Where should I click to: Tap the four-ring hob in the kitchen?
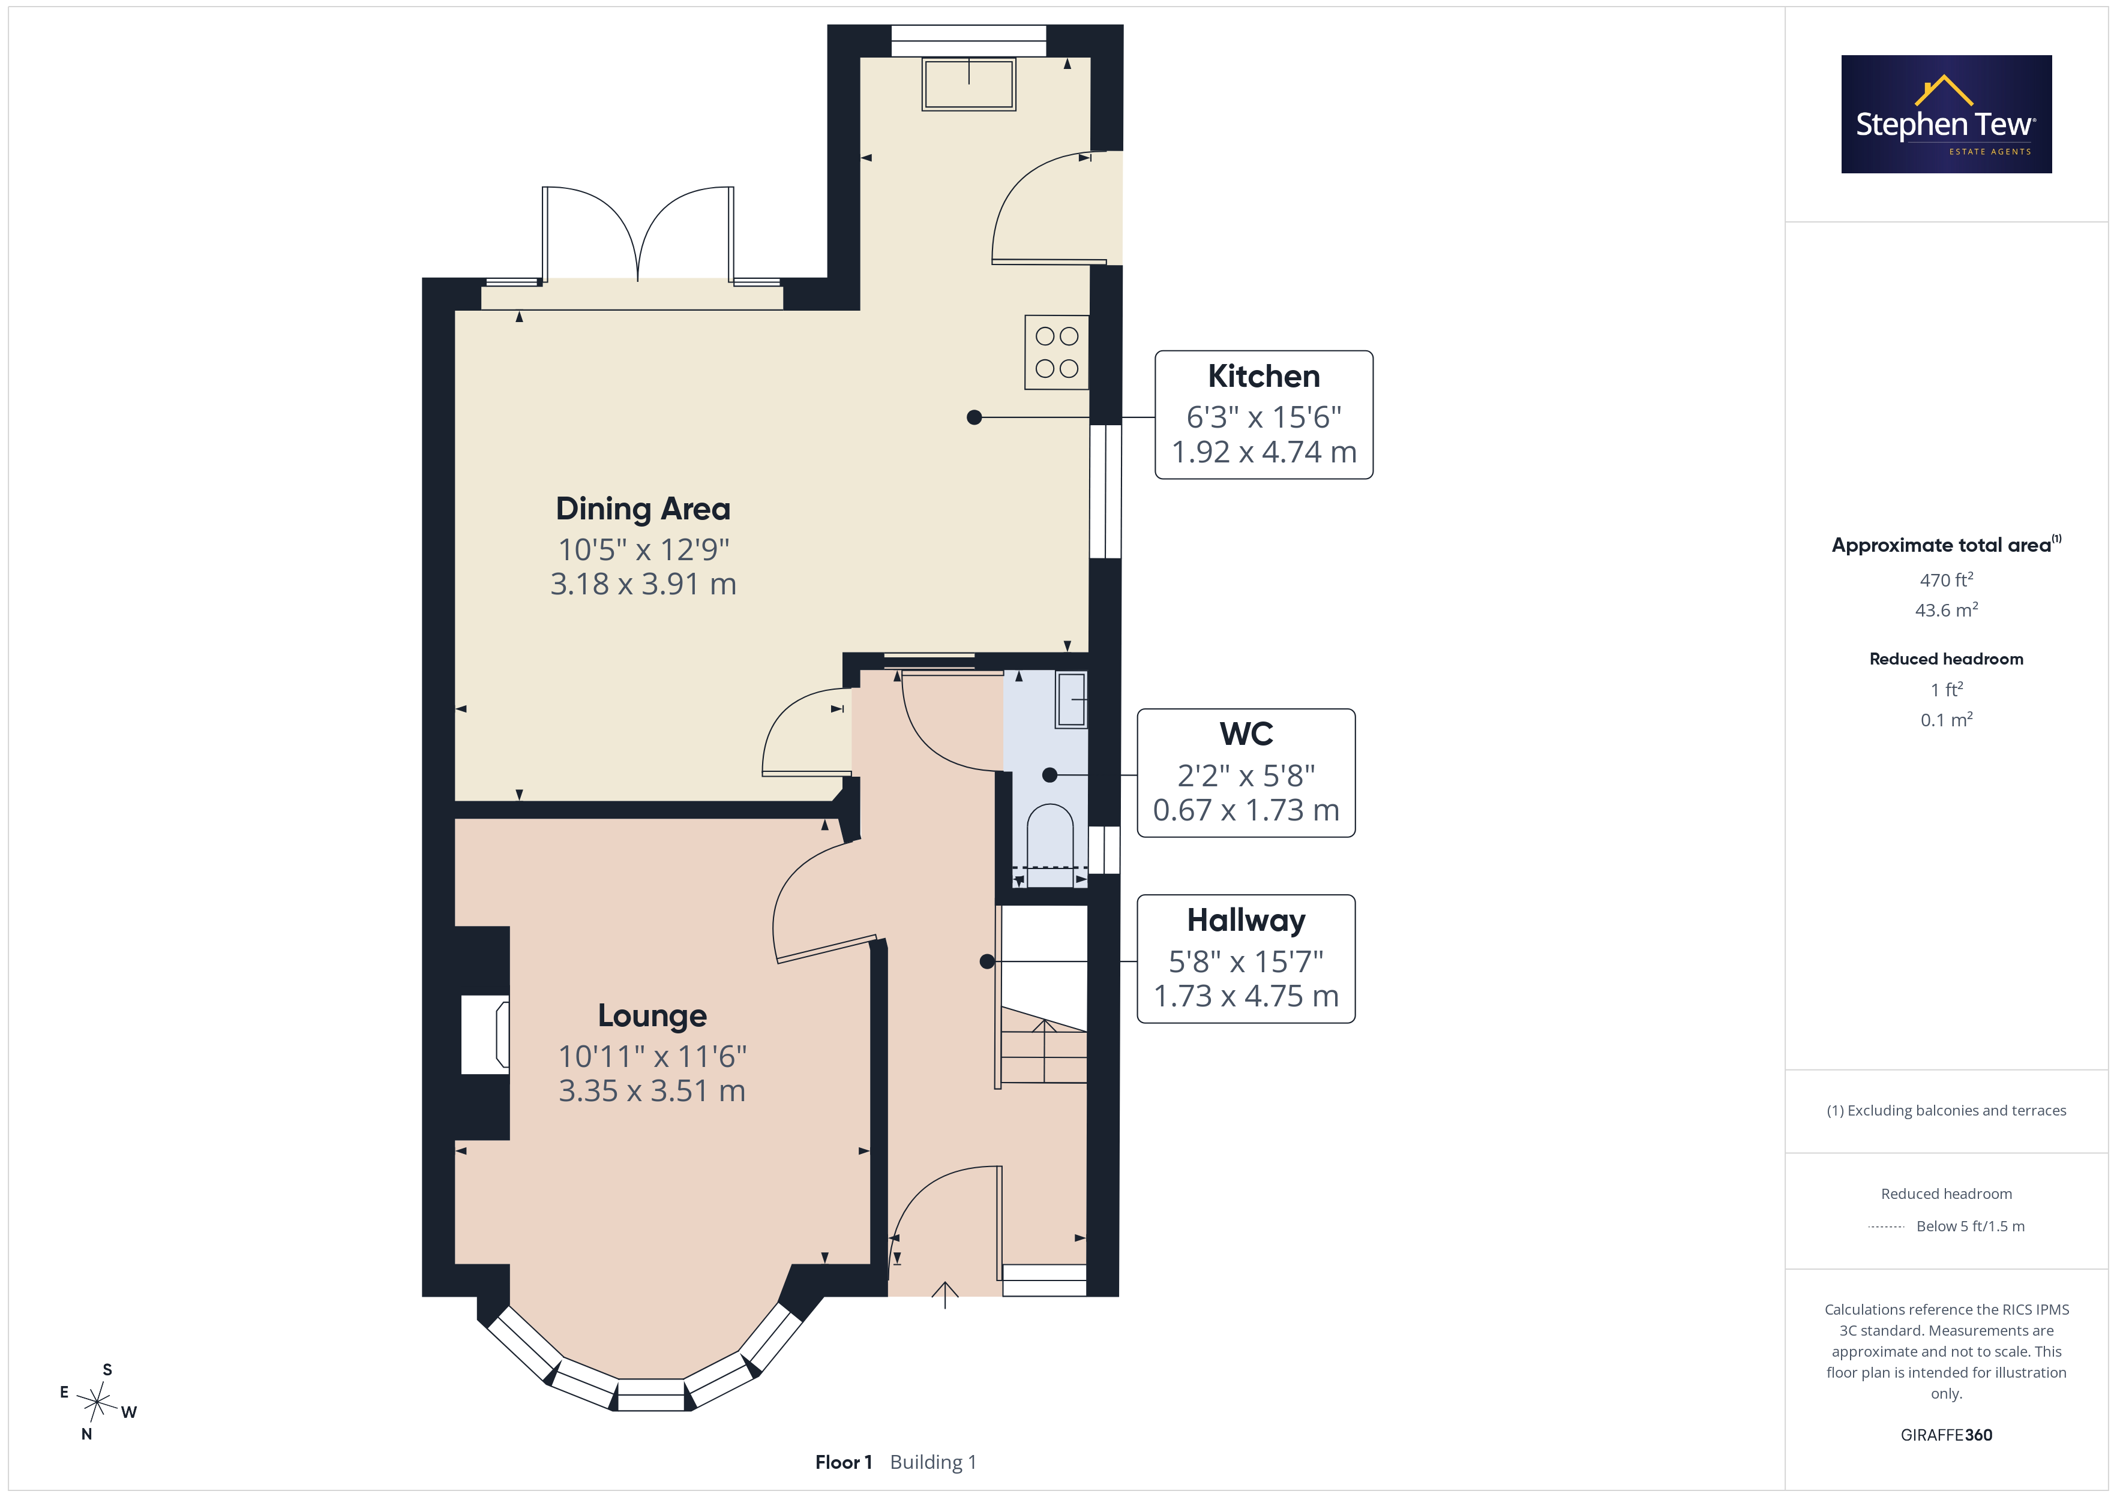pos(1057,352)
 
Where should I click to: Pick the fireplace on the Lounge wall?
pos(485,1034)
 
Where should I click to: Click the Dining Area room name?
pos(643,509)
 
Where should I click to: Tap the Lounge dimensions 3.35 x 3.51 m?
pos(652,1090)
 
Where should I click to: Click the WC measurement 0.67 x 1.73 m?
pos(1246,810)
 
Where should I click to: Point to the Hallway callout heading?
pos(1246,920)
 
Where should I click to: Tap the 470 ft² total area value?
pos(1947,580)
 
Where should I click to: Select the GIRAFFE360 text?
pos(1947,1435)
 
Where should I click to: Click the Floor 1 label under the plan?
pos(844,1462)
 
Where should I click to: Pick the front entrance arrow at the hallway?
pos(945,1294)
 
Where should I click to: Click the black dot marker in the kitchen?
pos(974,417)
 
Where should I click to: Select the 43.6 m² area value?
pos(1947,610)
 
